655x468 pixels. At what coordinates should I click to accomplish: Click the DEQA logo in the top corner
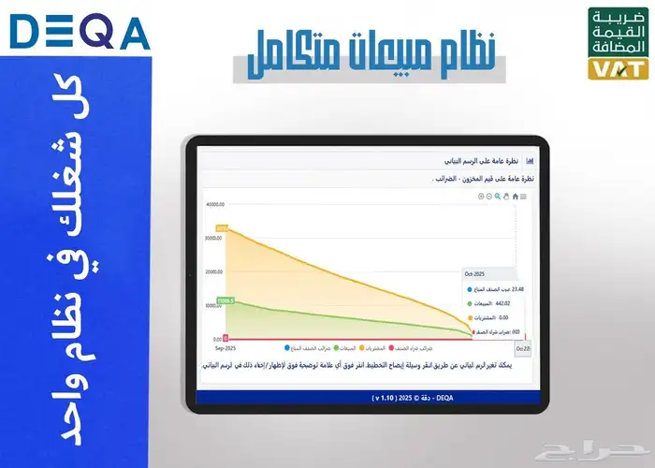pos(80,35)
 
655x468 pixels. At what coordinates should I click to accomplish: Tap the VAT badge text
pos(616,69)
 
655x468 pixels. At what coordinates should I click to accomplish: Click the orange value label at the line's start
pos(222,228)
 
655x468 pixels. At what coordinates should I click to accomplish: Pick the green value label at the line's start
pos(225,300)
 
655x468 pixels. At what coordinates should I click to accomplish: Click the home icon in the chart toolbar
pos(515,196)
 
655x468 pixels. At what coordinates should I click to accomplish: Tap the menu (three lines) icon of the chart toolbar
pos(523,196)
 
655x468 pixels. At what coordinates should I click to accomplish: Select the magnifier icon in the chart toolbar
pos(497,196)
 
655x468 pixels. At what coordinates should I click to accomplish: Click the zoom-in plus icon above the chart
pos(480,196)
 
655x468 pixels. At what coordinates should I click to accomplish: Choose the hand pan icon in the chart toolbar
pos(506,196)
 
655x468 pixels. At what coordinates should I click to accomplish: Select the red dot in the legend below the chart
pos(391,348)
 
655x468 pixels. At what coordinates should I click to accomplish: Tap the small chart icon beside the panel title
pos(530,161)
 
